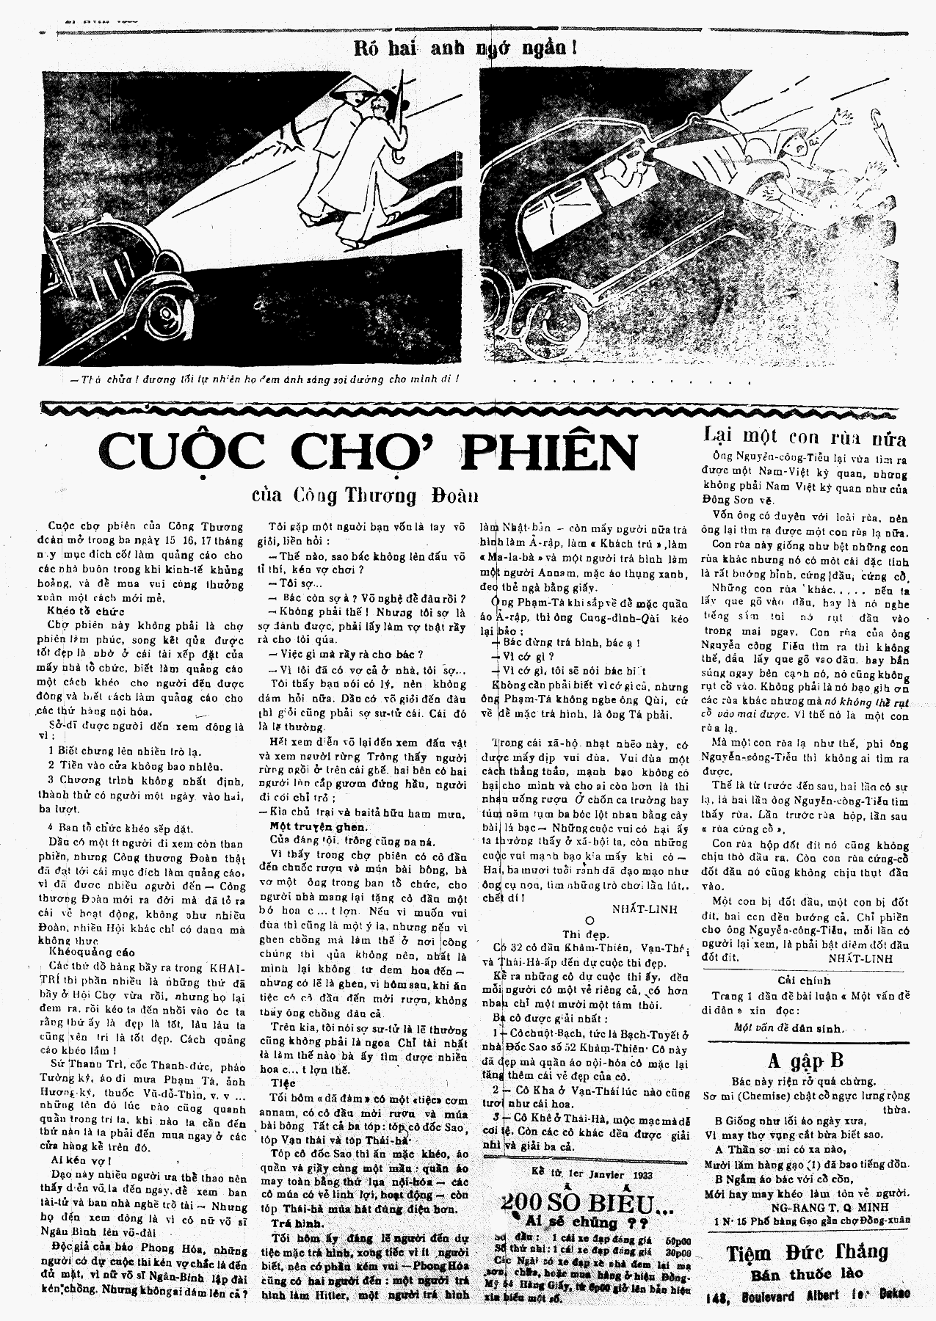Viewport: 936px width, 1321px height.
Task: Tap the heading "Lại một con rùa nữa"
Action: click(805, 438)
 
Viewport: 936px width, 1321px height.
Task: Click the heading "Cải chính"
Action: click(805, 980)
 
